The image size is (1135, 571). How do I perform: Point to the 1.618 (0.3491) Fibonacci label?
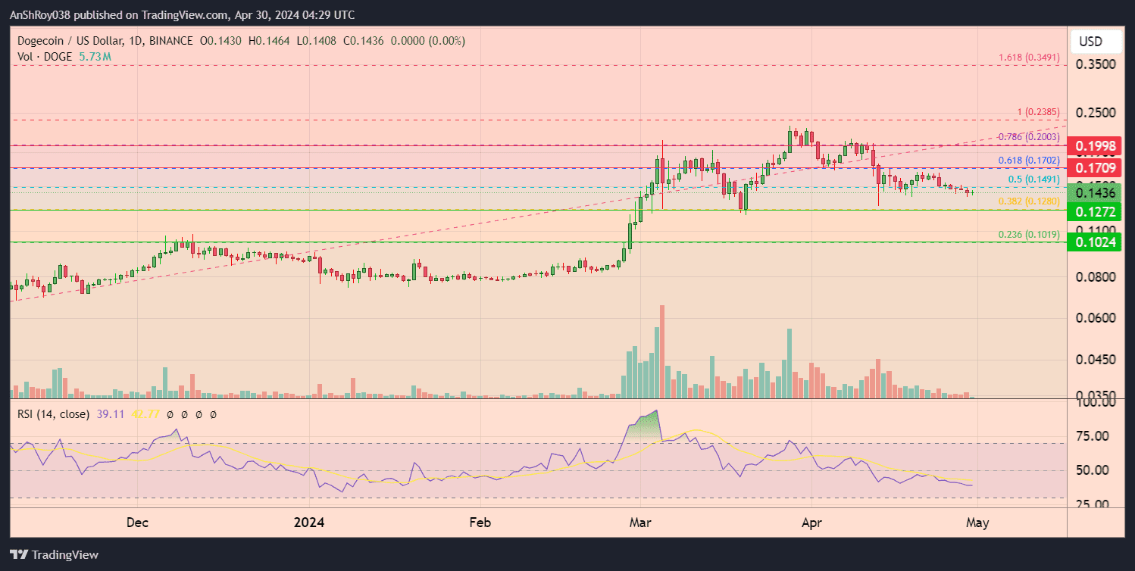click(1029, 58)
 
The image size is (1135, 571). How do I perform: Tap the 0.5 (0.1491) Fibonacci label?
click(1033, 179)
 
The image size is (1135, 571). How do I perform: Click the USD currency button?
click(1090, 41)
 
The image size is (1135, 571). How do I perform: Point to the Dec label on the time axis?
click(138, 523)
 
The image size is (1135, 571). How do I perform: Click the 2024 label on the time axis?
click(309, 523)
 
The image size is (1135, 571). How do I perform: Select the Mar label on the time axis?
click(640, 523)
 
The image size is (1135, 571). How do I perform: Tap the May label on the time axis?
click(977, 523)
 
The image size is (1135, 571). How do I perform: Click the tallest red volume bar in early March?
click(662, 351)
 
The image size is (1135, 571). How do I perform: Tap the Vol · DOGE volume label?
click(43, 56)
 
